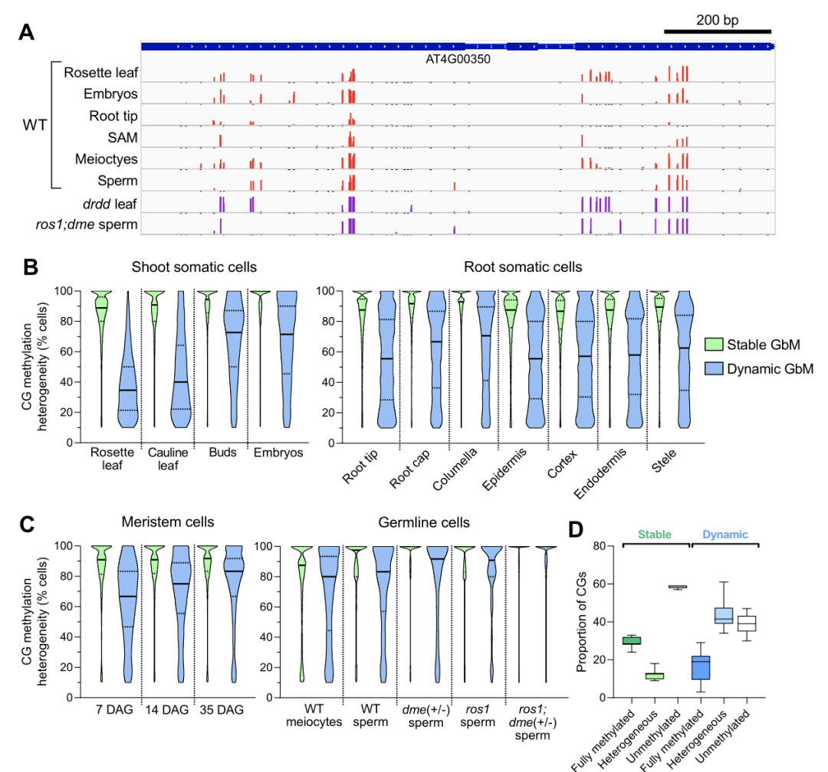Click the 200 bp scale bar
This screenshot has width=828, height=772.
(x=717, y=31)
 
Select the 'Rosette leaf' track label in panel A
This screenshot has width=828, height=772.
(x=100, y=73)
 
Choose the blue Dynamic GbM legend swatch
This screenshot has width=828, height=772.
(x=714, y=368)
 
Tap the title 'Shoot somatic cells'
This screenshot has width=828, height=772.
(x=194, y=267)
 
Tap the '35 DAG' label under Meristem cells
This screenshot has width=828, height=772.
(x=222, y=709)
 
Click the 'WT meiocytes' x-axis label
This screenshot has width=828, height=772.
(x=317, y=715)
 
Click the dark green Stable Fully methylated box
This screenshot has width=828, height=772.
(x=632, y=640)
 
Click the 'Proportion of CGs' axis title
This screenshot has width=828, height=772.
(x=581, y=621)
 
